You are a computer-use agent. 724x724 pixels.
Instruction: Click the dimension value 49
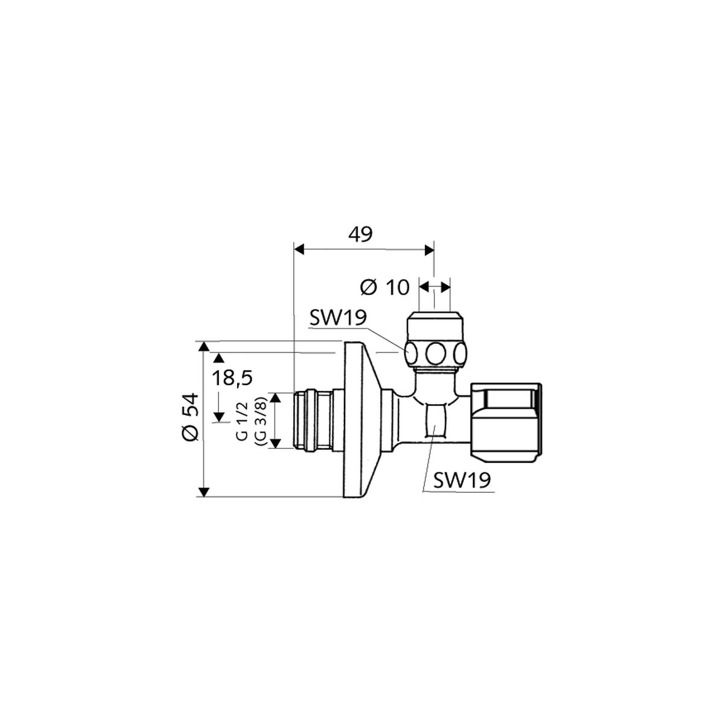(360, 235)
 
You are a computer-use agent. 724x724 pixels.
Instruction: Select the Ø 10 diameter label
(384, 287)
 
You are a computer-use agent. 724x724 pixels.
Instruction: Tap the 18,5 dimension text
(232, 378)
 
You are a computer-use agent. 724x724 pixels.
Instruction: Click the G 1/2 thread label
(243, 421)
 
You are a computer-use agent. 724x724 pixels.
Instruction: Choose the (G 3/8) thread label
(261, 421)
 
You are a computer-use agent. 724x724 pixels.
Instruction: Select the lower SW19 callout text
(462, 480)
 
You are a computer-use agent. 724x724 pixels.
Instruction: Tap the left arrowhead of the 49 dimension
(299, 249)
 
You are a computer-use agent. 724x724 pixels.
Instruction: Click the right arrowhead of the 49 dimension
(429, 249)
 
